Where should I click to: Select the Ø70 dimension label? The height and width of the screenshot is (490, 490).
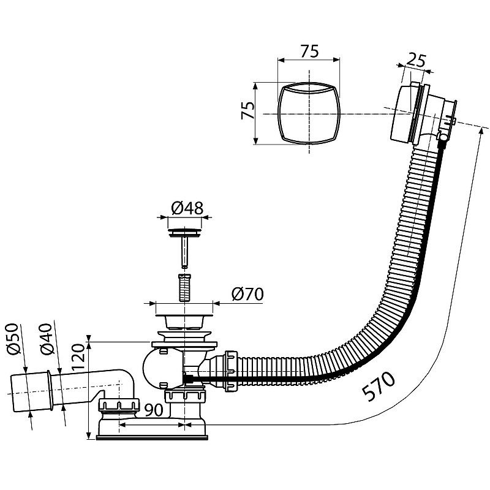pyautogui.click(x=248, y=295)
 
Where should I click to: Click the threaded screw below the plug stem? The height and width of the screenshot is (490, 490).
pyautogui.click(x=182, y=287)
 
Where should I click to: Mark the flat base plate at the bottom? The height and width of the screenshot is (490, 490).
pyautogui.click(x=153, y=436)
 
